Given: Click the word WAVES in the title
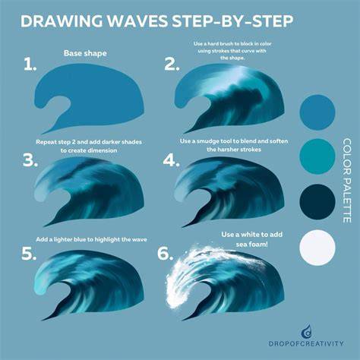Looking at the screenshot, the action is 137,21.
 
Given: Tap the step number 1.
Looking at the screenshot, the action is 30,64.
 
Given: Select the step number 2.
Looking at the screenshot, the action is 172,64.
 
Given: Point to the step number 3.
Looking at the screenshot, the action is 30,160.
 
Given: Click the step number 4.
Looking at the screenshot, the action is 172,160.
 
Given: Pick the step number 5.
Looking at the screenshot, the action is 29,254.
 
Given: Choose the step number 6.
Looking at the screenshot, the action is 166,254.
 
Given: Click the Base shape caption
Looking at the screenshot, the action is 85,53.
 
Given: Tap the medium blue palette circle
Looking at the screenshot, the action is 317,112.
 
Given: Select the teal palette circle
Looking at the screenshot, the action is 317,156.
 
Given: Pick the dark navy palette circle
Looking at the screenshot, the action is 317,202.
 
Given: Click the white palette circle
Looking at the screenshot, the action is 317,248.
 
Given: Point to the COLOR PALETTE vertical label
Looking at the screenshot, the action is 347,181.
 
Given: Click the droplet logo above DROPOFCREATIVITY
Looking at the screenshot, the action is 306,331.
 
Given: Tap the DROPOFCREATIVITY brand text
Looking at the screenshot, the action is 306,344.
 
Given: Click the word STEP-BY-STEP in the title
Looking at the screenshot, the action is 232,21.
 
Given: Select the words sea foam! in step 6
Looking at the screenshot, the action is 251,245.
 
